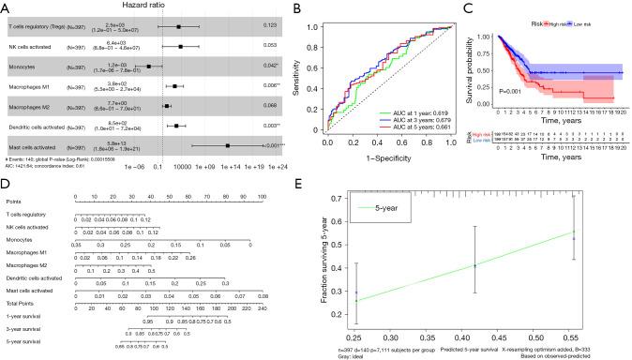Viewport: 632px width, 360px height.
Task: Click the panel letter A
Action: (7, 7)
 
